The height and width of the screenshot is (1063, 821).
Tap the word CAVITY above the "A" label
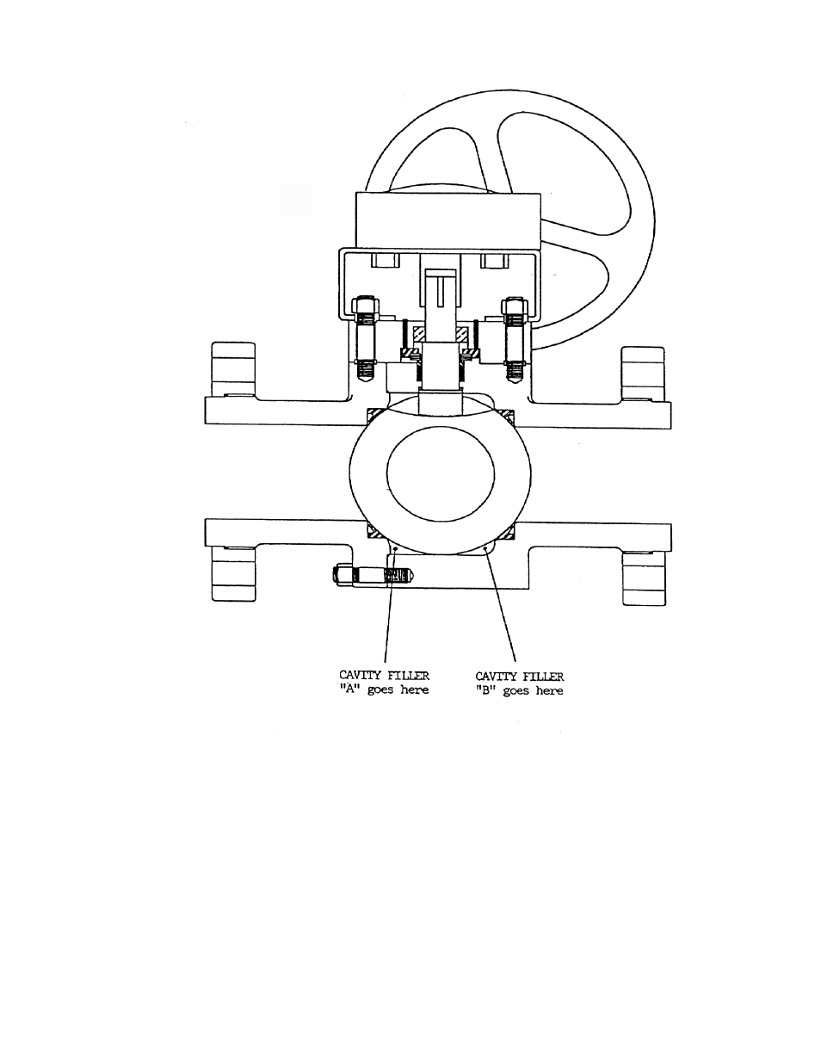pos(360,676)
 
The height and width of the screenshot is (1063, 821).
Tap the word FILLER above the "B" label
pos(543,677)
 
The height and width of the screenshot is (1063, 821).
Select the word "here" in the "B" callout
pos(549,690)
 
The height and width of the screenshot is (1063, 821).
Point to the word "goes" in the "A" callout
pos(380,690)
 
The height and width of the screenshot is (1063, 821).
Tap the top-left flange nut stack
pos(233,369)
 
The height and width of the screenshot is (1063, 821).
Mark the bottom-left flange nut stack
pos(233,574)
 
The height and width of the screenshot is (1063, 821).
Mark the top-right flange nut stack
pos(643,374)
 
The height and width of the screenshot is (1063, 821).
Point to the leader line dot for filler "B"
pos(485,550)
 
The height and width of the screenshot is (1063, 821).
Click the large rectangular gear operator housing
pos(448,220)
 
